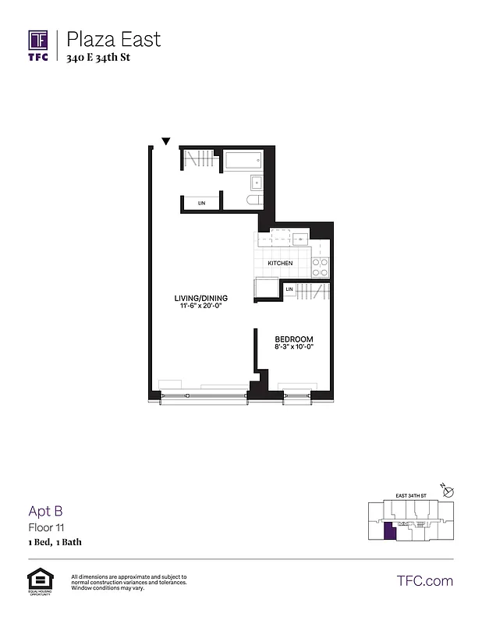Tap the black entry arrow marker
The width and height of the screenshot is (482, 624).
click(x=165, y=141)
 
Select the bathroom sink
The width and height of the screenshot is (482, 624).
click(x=256, y=183)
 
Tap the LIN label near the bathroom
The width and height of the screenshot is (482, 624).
click(x=201, y=203)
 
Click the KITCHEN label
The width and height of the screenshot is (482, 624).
click(x=280, y=263)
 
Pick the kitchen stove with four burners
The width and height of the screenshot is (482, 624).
click(x=319, y=268)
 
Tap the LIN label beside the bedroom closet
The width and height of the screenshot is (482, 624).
click(x=289, y=290)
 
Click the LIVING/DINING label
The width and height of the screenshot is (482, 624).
click(x=200, y=298)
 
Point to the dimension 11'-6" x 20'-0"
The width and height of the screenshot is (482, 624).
click(x=200, y=307)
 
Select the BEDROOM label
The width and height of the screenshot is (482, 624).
click(x=294, y=339)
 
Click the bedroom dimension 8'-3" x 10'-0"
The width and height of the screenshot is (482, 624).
click(x=294, y=347)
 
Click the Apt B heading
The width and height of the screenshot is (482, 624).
click(x=44, y=512)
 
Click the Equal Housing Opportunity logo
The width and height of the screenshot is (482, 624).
click(x=38, y=580)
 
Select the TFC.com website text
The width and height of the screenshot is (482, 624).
click(x=424, y=580)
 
